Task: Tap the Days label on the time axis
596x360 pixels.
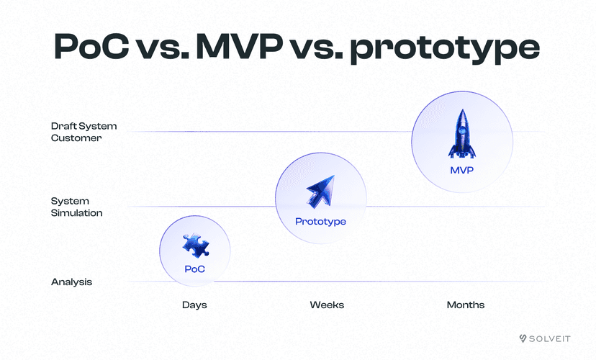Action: click(194, 305)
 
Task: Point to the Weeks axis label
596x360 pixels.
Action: click(327, 305)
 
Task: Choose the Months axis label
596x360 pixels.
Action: click(466, 305)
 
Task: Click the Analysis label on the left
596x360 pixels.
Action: click(71, 282)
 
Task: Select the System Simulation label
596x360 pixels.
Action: click(76, 207)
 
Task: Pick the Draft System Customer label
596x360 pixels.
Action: click(83, 132)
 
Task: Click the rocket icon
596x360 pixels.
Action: click(461, 134)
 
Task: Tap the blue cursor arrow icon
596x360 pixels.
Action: click(320, 192)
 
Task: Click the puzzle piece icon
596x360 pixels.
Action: click(194, 246)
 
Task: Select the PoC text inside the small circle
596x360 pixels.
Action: click(194, 269)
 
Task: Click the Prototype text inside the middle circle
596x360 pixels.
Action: click(320, 222)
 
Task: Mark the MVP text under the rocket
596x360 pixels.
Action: click(461, 171)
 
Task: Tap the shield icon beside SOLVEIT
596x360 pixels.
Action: click(523, 338)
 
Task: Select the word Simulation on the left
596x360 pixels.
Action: click(76, 213)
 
